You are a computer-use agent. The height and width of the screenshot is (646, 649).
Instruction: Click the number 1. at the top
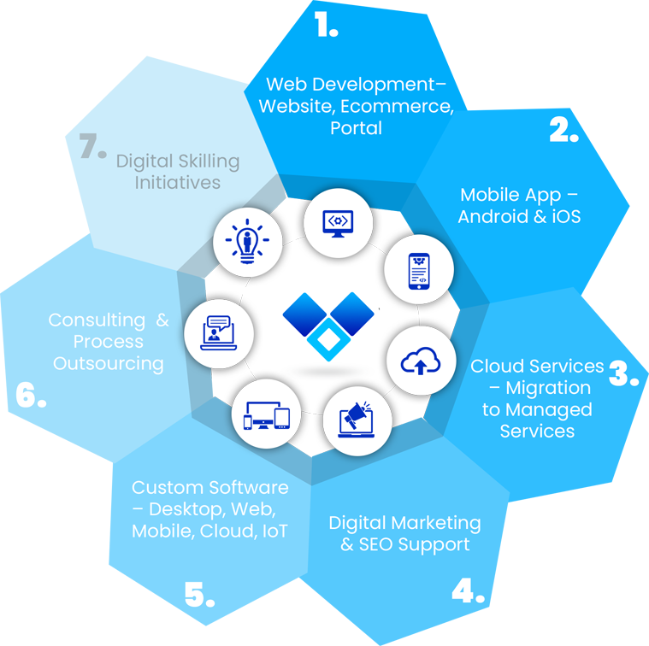pos(325,26)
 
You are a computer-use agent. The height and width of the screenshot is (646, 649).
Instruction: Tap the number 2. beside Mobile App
pos(563,130)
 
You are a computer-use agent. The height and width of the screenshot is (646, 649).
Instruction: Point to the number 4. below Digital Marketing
pos(467,591)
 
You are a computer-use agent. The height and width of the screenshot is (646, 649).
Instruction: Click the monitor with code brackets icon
pos(338,223)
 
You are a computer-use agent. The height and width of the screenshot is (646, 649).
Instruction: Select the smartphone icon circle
pos(418,270)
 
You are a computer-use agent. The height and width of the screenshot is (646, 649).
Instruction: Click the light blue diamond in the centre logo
pos(328,342)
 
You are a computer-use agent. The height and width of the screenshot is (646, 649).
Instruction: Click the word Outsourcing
pos(109,363)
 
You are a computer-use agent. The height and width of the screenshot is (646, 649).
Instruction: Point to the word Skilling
pos(209,161)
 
